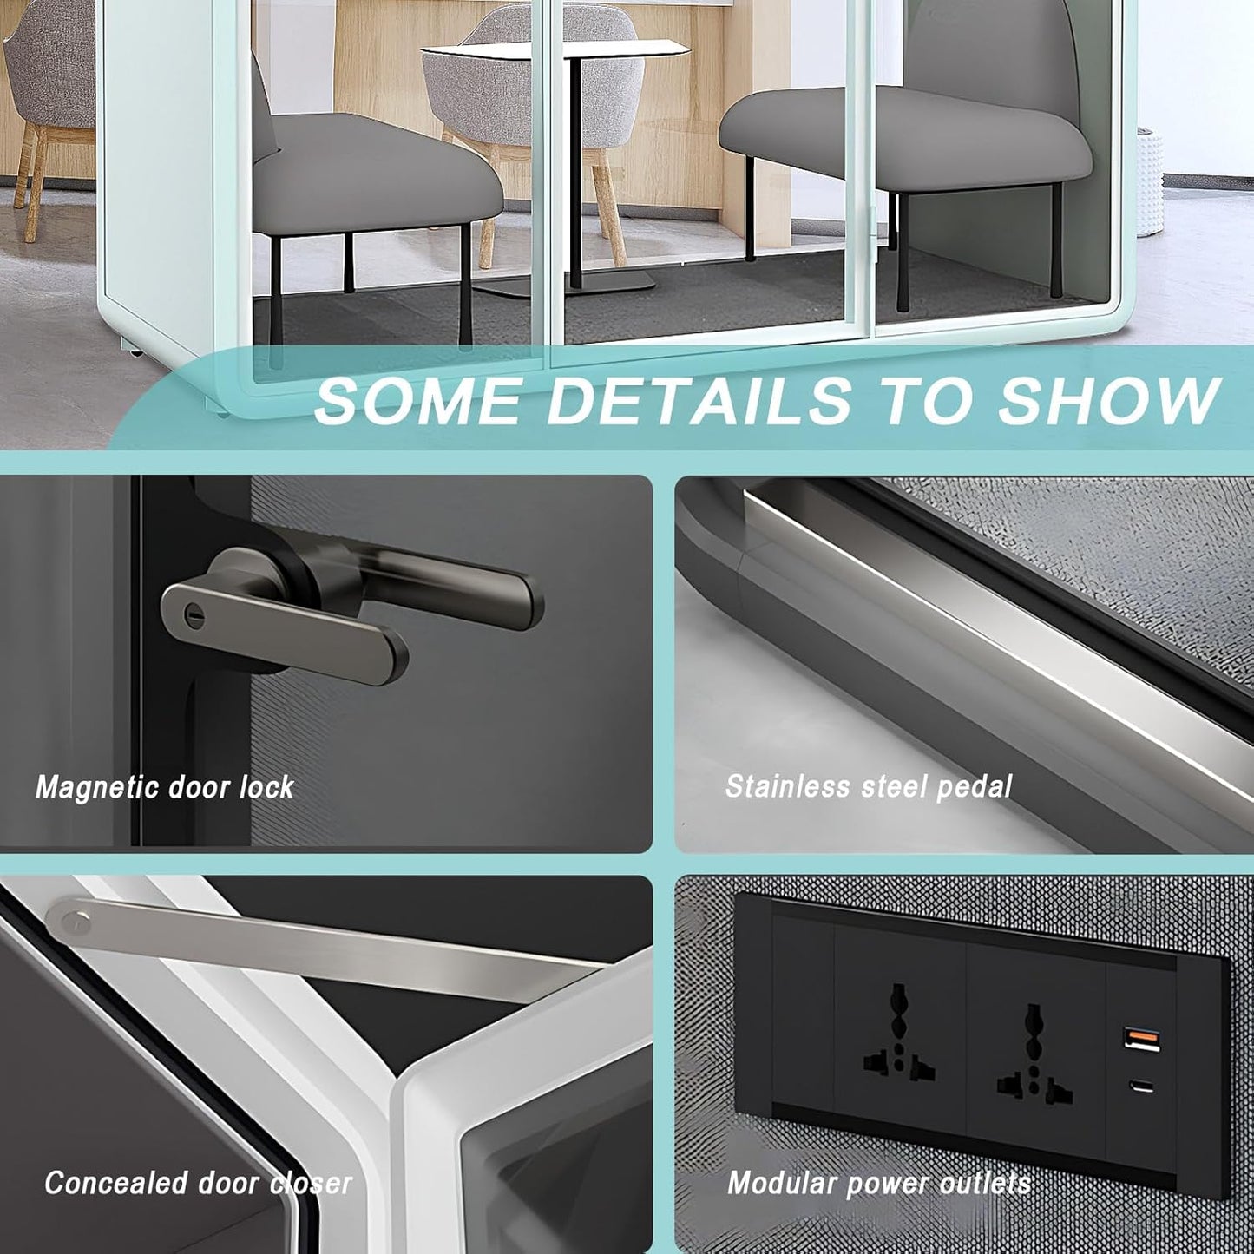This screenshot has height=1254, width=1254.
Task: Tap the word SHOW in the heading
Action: (x=1109, y=400)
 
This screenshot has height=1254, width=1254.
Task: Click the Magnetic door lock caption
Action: (x=165, y=787)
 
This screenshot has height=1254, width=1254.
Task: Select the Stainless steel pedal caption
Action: (x=869, y=787)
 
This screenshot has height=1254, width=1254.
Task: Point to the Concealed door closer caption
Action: (x=198, y=1183)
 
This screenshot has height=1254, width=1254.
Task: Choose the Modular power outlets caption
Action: (x=878, y=1183)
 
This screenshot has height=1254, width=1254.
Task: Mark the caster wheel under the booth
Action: (x=135, y=353)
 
